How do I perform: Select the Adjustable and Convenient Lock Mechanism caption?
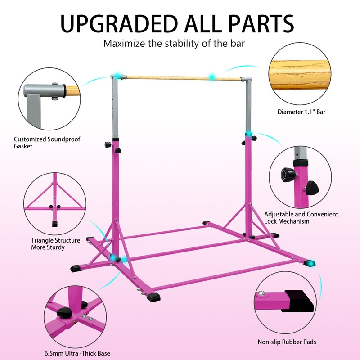click(301, 218)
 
